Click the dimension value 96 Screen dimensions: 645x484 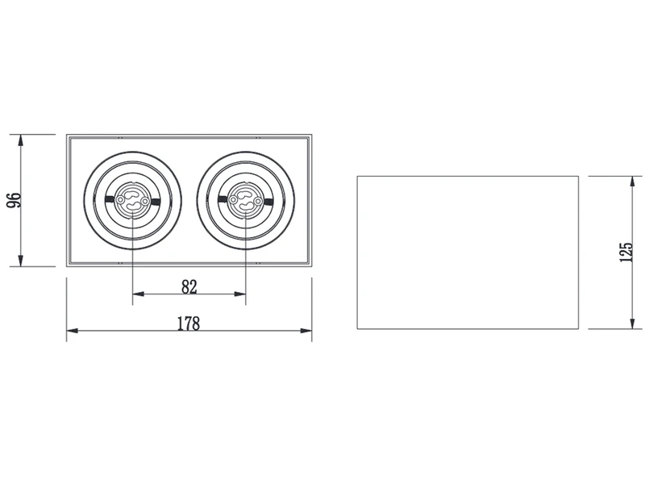pos(15,200)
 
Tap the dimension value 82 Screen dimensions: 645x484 pos(189,287)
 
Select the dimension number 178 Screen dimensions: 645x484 pos(189,323)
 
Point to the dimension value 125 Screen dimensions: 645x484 pos(626,252)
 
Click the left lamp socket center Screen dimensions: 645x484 pos(132,200)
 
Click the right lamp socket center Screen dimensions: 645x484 pos(246,200)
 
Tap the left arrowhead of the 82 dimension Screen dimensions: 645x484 pos(138,294)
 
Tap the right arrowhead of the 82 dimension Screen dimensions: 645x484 pos(239,294)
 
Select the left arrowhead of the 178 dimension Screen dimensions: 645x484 pos(73,331)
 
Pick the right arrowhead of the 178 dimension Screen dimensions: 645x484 pos(306,331)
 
